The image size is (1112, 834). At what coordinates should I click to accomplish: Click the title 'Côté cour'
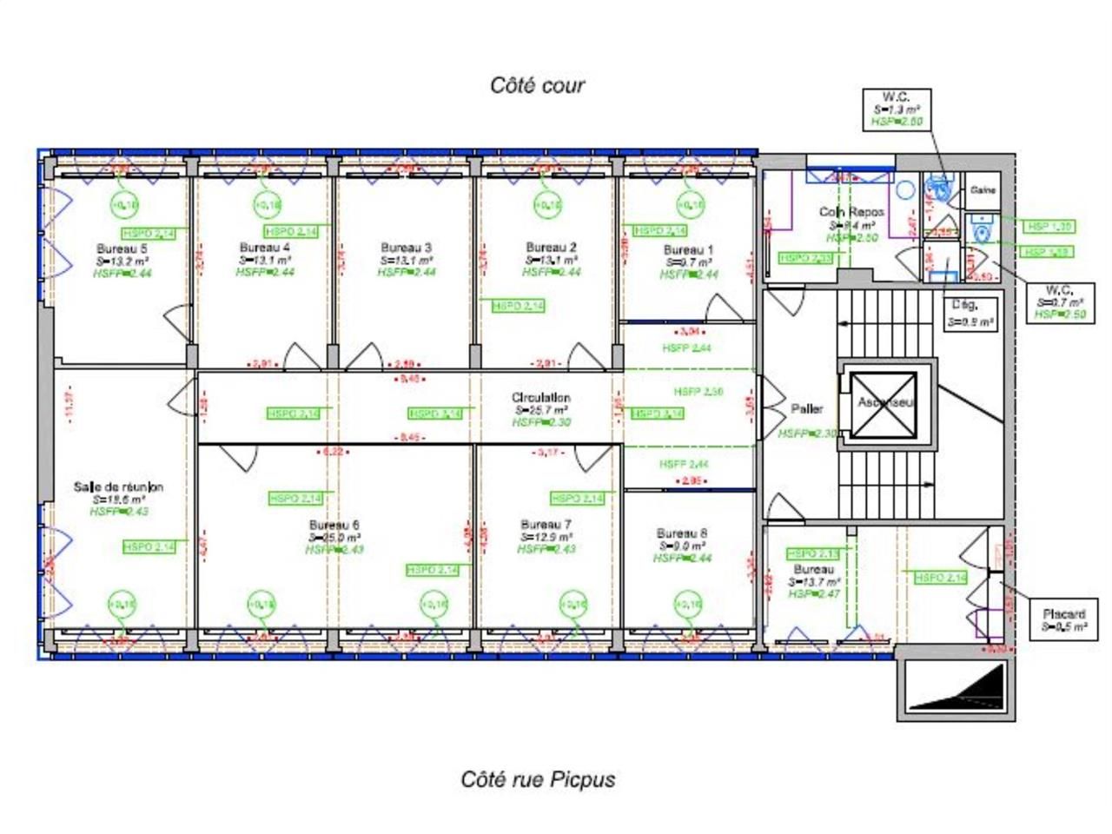(538, 85)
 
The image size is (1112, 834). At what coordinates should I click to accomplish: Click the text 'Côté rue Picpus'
(538, 779)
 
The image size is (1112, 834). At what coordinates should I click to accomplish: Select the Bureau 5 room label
(122, 248)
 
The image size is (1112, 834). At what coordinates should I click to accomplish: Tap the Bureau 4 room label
(265, 248)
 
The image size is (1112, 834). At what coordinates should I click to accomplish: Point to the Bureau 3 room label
(406, 248)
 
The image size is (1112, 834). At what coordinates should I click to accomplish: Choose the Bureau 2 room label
(551, 248)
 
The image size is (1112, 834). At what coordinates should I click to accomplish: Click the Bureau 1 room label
(688, 250)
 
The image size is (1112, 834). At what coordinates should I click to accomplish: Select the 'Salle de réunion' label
(118, 487)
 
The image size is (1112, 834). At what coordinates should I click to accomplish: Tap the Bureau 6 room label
(334, 526)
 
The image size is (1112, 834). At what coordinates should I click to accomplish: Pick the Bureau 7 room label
(546, 525)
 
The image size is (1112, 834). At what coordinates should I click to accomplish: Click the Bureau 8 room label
(682, 533)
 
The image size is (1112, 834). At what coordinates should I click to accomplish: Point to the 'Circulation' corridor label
(540, 398)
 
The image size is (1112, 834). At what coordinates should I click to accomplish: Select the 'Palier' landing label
(807, 409)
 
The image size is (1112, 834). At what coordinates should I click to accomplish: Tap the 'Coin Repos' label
(851, 212)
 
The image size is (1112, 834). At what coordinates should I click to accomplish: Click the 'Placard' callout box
(1062, 619)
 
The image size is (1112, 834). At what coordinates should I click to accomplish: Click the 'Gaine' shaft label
(983, 190)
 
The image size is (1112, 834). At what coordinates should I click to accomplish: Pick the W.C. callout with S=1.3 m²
(896, 109)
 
